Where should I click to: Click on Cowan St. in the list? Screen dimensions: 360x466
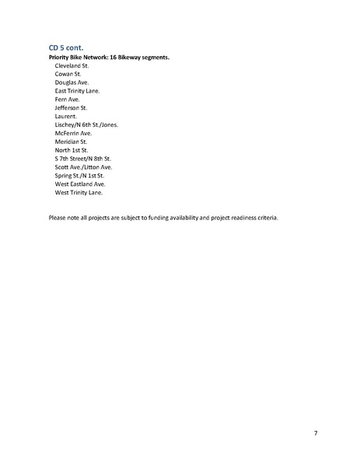pos(68,74)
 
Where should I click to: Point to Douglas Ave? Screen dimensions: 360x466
pos(72,82)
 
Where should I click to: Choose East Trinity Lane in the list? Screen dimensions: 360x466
pos(77,91)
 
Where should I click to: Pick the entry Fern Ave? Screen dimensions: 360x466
pos(68,100)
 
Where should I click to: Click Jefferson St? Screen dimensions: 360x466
pos(71,108)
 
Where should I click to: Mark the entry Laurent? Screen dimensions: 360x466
pos(66,116)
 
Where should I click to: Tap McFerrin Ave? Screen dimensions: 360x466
pos(73,133)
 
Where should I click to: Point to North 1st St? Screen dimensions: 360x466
pos(72,149)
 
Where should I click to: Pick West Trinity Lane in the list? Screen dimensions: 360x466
pos(79,192)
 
